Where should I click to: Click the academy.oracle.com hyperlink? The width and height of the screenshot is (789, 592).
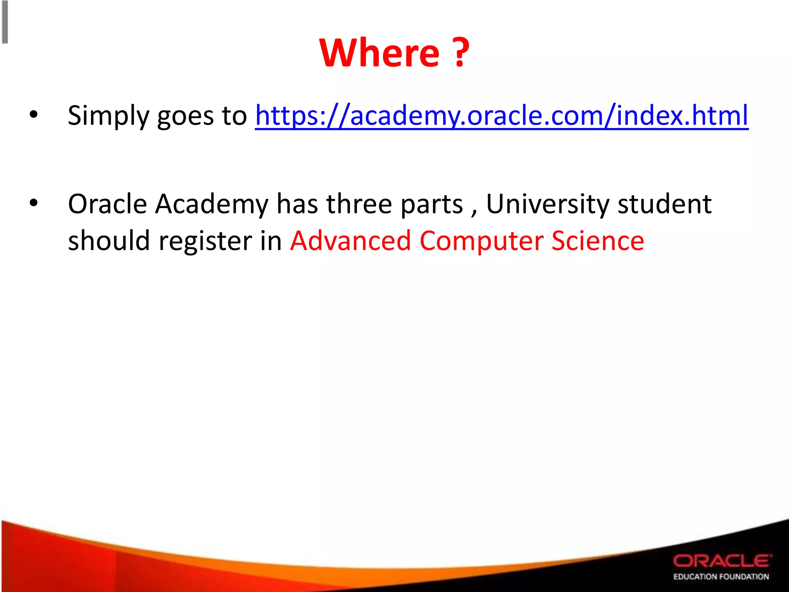[x=502, y=115]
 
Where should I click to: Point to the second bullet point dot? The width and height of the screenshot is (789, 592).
[x=34, y=203]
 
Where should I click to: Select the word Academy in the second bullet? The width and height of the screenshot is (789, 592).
[x=212, y=204]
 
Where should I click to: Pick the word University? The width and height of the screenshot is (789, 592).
[x=547, y=204]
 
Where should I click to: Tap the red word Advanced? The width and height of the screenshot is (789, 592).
[x=351, y=240]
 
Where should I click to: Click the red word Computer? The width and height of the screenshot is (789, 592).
[x=481, y=241]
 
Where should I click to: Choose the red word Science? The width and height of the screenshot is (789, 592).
[x=598, y=240]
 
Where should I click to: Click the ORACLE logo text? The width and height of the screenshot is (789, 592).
[x=722, y=561]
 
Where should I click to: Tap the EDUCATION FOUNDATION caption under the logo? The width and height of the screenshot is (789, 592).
[x=721, y=577]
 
